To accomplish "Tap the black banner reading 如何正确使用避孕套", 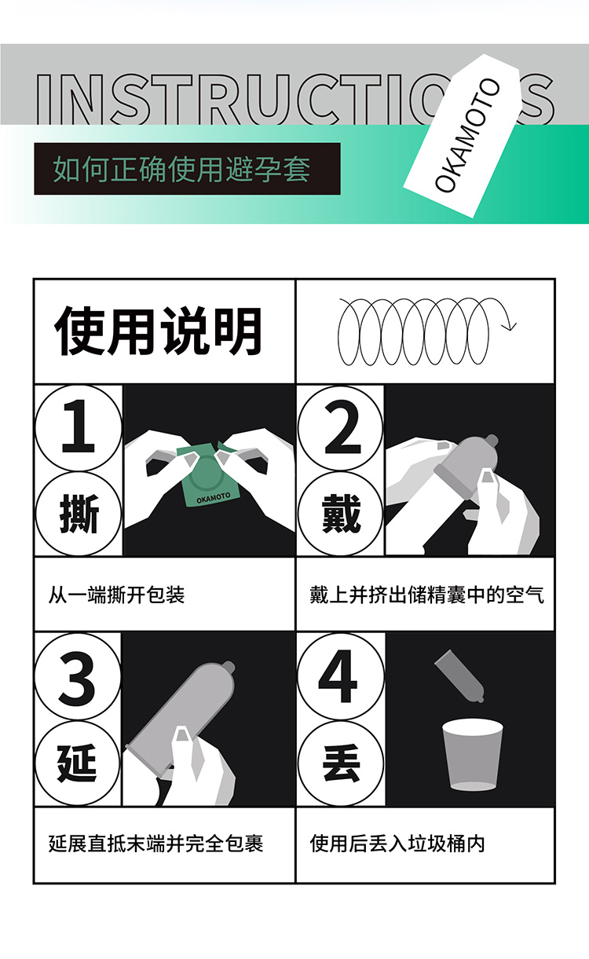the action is tap(187, 169).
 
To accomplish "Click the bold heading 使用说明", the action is tap(158, 331).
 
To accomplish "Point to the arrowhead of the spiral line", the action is tap(509, 326).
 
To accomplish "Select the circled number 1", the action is tap(78, 427).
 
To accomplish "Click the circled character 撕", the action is tap(78, 514).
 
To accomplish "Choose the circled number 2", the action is tap(340, 427).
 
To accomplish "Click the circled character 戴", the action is tap(340, 514).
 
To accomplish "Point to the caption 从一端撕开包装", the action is tap(116, 595).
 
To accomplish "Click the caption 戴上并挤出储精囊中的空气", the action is tap(426, 595).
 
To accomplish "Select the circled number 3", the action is tap(77, 677).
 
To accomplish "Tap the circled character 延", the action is tap(77, 763).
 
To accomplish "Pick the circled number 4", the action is tap(340, 677).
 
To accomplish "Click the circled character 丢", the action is tap(340, 763).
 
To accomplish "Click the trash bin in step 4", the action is tap(472, 754).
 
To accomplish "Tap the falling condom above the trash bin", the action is tap(459, 675).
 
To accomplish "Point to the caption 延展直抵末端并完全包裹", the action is tap(155, 844).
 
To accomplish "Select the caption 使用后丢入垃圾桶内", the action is tap(397, 844).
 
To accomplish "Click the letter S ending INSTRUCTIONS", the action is tap(537, 99).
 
